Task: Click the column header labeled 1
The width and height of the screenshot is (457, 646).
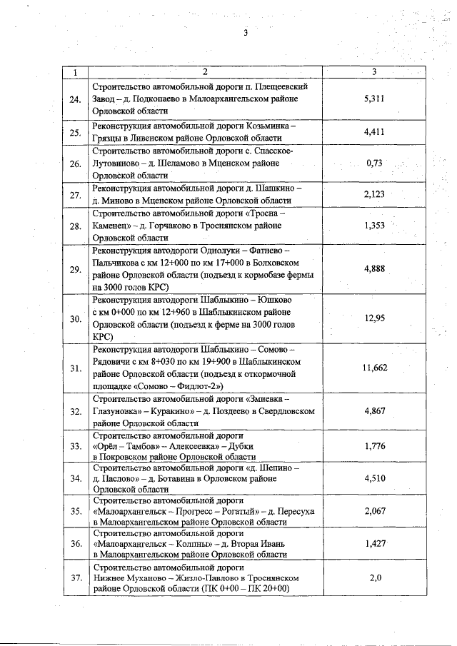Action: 76,72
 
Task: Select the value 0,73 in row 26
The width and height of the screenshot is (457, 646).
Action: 374,163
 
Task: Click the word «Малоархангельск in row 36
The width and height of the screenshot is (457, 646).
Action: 132,543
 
